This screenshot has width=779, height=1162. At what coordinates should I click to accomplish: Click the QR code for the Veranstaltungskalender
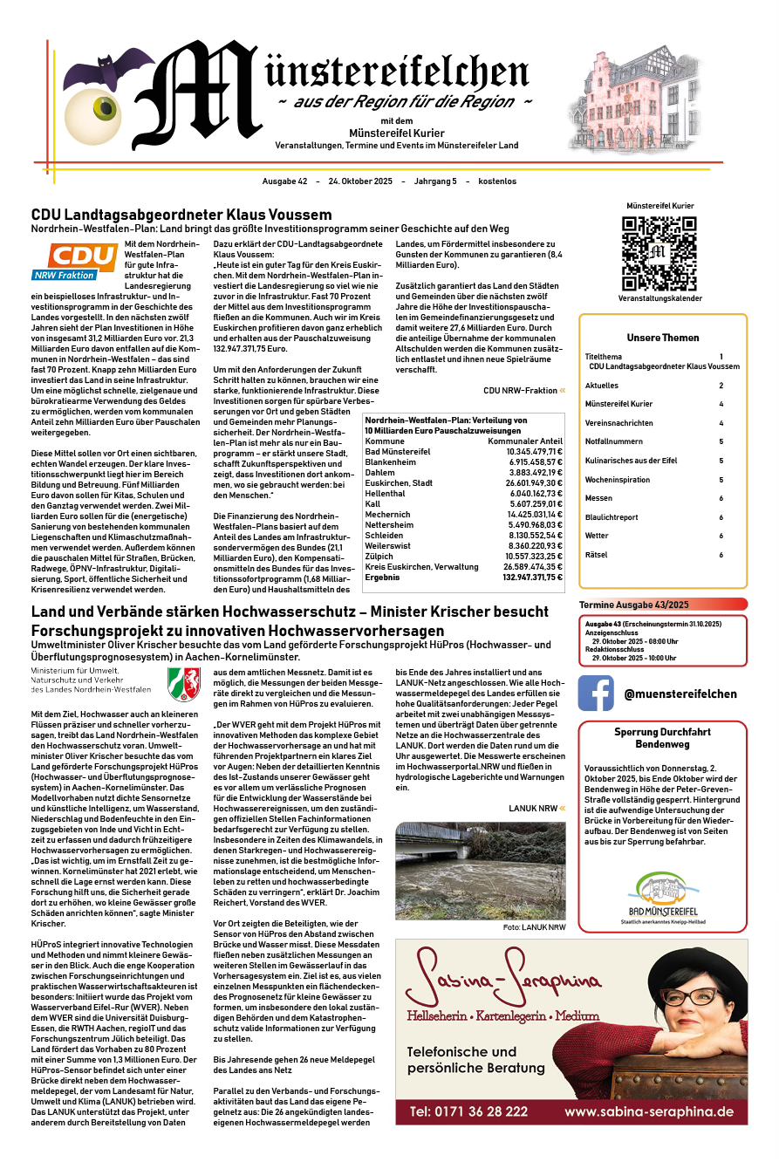tap(659, 252)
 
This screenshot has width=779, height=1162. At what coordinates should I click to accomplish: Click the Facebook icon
tap(596, 694)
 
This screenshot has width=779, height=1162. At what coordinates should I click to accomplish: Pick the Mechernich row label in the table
tap(389, 514)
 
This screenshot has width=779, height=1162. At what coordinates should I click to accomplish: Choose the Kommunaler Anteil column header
tap(525, 441)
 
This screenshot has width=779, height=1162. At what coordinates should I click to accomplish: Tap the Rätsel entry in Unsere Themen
tap(597, 555)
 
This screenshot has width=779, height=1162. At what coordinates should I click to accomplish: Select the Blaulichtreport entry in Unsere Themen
tap(611, 517)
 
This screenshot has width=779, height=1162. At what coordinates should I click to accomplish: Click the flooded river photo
tap(480, 871)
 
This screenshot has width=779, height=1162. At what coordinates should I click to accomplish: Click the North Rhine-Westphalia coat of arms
tap(184, 681)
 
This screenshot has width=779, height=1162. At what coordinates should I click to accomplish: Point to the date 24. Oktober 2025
tap(360, 181)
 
